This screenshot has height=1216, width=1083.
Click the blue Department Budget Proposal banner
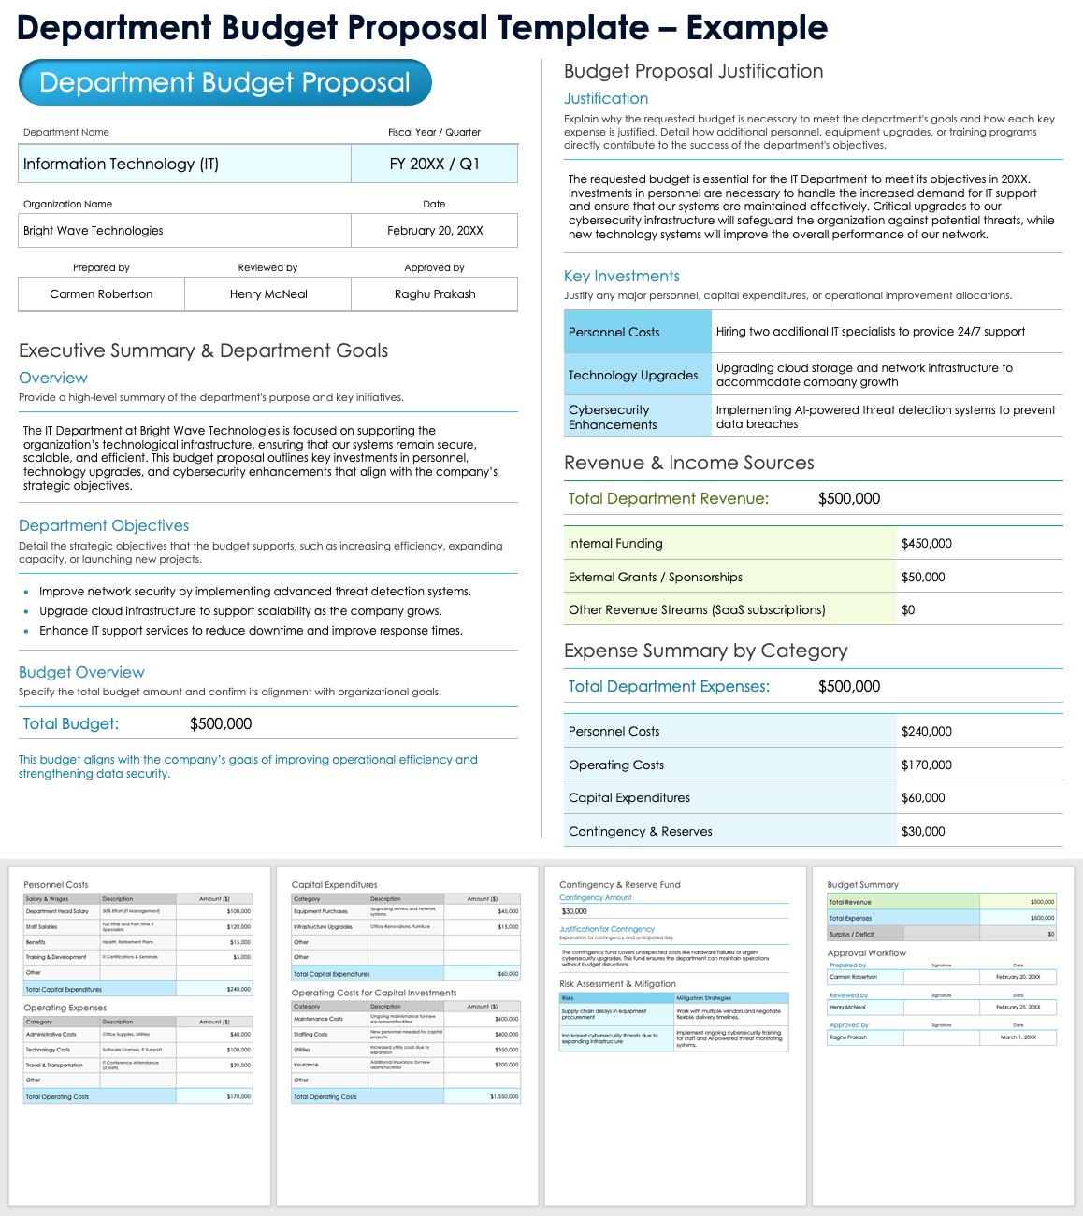(x=224, y=82)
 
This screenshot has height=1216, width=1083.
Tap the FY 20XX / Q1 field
(x=434, y=165)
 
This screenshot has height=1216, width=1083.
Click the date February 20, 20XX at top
(x=435, y=231)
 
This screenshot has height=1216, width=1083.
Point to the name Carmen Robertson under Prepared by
(x=101, y=294)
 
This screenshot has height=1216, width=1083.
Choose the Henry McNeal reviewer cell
(x=268, y=294)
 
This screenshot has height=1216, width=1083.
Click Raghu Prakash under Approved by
(x=435, y=294)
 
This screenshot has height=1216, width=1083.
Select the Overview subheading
(x=53, y=378)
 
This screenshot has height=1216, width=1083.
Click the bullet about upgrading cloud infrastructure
(x=240, y=611)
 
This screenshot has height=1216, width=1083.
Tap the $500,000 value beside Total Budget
(x=221, y=724)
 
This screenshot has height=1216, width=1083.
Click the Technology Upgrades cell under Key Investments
(x=633, y=375)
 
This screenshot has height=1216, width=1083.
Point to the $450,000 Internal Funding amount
(x=927, y=544)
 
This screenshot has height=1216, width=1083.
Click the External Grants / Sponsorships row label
(x=656, y=578)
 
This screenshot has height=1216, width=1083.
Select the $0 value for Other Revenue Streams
(x=908, y=610)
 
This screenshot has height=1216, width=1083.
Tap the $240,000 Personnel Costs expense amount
(x=927, y=732)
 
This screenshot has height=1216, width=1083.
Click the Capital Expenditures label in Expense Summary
(x=629, y=798)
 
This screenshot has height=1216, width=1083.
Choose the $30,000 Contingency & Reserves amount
(x=923, y=832)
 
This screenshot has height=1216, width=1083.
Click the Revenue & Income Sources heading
(x=689, y=463)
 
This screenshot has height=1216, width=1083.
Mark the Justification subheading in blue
(x=606, y=98)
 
